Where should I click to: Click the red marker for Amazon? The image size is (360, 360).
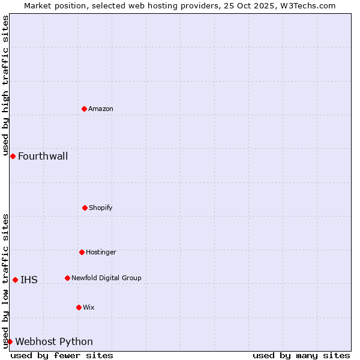[84, 109]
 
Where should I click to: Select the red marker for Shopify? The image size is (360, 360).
[85, 208]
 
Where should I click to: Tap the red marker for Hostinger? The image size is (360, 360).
[82, 252]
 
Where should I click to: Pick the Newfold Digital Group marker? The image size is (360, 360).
[67, 278]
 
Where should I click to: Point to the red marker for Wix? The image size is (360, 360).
[79, 307]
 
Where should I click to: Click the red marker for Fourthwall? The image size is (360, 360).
[13, 156]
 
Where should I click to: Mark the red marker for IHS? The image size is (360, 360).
[15, 280]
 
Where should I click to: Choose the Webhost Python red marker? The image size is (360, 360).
[10, 341]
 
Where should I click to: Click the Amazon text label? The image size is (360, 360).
[101, 109]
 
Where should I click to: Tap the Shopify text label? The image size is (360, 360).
[101, 208]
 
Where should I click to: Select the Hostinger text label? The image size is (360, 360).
[101, 252]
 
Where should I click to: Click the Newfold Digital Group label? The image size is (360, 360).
[106, 278]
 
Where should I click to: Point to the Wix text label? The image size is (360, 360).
[89, 307]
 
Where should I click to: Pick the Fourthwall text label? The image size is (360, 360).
[43, 157]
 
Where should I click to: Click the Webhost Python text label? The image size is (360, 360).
[54, 342]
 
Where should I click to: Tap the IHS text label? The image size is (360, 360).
[29, 280]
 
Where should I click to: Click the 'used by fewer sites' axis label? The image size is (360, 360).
[62, 355]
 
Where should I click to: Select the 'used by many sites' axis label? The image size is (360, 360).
[301, 355]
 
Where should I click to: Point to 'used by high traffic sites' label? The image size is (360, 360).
[5, 86]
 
